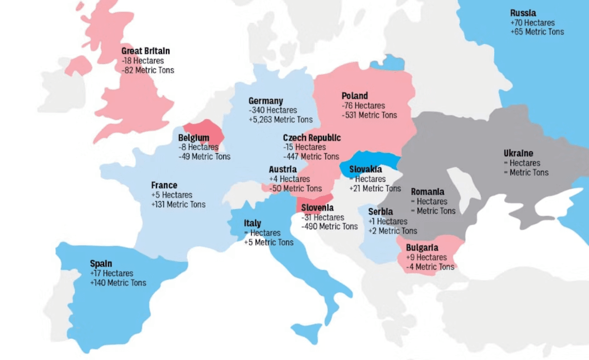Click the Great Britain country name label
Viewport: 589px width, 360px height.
pyautogui.click(x=146, y=51)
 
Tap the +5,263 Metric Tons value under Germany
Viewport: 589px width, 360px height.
pyautogui.click(x=280, y=120)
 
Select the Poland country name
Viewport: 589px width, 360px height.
pyautogui.click(x=354, y=96)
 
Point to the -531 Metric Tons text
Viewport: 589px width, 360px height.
pyautogui.click(x=369, y=115)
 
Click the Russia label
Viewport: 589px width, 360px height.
pyautogui.click(x=523, y=13)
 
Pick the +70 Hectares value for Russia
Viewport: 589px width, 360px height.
pyautogui.click(x=532, y=23)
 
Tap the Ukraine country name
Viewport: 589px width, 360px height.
pyautogui.click(x=518, y=153)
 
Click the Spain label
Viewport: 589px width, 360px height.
pyautogui.click(x=101, y=264)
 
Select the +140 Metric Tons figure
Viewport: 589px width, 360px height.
pyautogui.click(x=118, y=283)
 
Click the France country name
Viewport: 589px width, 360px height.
pyautogui.click(x=164, y=185)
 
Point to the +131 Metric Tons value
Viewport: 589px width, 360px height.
pyautogui.click(x=178, y=204)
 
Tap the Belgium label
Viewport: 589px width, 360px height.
pyautogui.click(x=193, y=138)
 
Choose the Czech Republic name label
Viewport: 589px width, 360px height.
pyautogui.click(x=311, y=138)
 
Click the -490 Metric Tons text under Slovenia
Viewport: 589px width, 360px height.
pyautogui.click(x=329, y=226)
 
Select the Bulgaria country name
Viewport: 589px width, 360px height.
pyautogui.click(x=422, y=248)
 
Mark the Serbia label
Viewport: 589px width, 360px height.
pyautogui.click(x=380, y=212)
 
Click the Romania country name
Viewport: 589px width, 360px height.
pyautogui.click(x=427, y=192)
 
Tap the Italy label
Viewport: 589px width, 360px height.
pyautogui.click(x=252, y=223)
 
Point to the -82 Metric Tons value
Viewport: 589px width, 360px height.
pyautogui.click(x=147, y=70)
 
